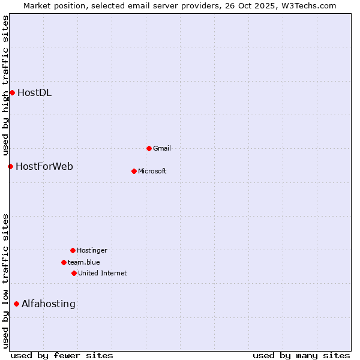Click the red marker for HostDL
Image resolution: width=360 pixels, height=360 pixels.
[12, 92]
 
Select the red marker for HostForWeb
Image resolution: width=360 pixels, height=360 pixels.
[10, 166]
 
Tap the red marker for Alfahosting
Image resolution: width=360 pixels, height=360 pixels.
[16, 304]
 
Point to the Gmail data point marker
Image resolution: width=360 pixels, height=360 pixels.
[149, 148]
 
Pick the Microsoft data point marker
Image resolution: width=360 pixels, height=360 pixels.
[134, 171]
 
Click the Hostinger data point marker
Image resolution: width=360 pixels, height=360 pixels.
[73, 250]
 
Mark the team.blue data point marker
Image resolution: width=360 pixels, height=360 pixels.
[64, 262]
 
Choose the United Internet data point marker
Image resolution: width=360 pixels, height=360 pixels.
[74, 273]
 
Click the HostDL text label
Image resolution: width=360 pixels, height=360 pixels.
[34, 92]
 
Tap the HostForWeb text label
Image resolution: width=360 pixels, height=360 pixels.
[44, 166]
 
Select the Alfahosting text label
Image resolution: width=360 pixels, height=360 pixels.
[49, 304]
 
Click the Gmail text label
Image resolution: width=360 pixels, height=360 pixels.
[162, 148]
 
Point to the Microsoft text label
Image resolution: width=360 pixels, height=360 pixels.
[152, 171]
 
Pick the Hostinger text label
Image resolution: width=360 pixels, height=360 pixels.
[92, 250]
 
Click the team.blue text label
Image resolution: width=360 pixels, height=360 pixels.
[84, 262]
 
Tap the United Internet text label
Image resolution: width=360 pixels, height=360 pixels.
[103, 273]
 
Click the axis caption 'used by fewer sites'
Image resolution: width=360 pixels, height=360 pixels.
[62, 355]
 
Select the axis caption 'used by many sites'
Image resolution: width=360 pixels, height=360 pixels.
[301, 355]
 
